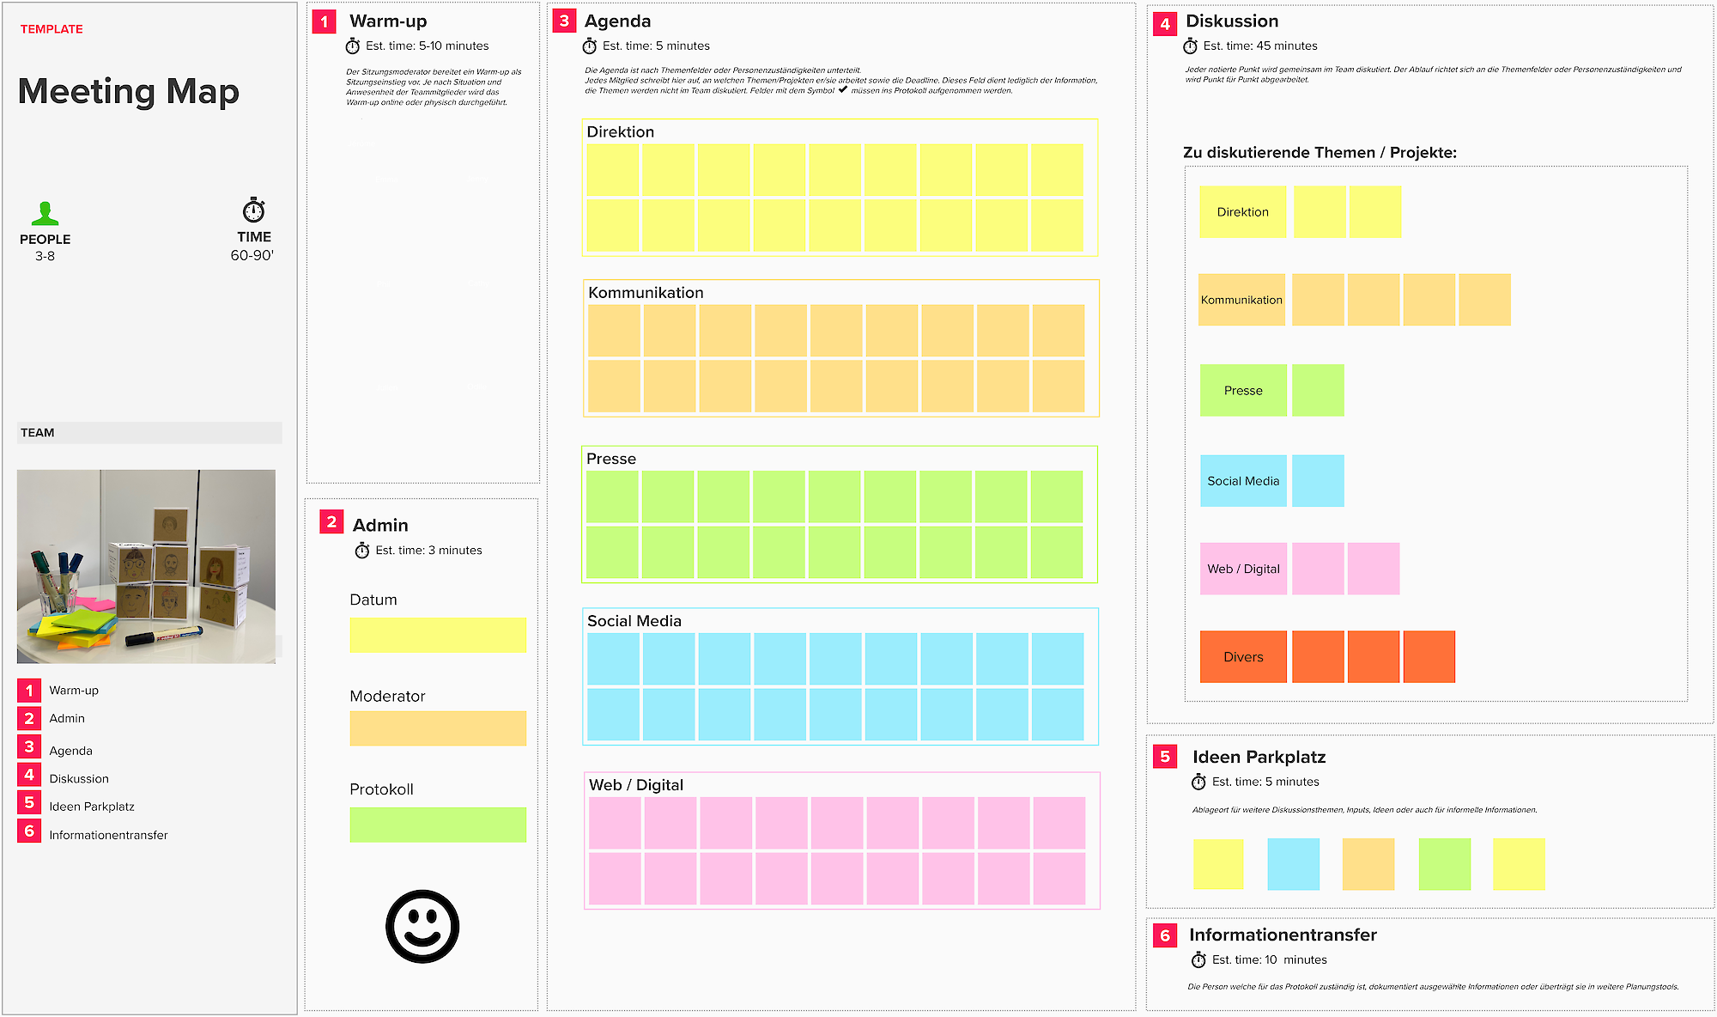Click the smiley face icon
(x=422, y=926)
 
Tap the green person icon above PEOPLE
(x=45, y=213)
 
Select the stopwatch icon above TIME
(x=253, y=210)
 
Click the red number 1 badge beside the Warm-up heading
(x=324, y=21)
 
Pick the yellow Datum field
(x=438, y=635)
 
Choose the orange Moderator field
(x=438, y=728)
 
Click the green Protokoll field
(x=438, y=825)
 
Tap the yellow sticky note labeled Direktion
(x=1242, y=212)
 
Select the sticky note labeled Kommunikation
(x=1241, y=300)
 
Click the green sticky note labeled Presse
(x=1243, y=391)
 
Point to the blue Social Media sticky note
(x=1243, y=481)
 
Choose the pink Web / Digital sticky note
(x=1243, y=569)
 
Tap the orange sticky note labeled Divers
(x=1243, y=657)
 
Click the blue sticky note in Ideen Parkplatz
(x=1293, y=864)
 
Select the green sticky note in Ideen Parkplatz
(x=1444, y=864)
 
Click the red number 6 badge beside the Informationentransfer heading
(x=1164, y=935)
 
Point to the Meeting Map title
(x=129, y=91)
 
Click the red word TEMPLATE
(x=52, y=29)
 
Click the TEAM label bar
(x=149, y=433)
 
